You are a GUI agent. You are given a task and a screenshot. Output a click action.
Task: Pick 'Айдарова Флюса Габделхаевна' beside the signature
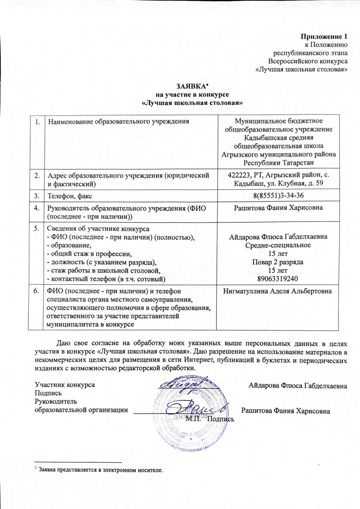coord(298,386)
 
